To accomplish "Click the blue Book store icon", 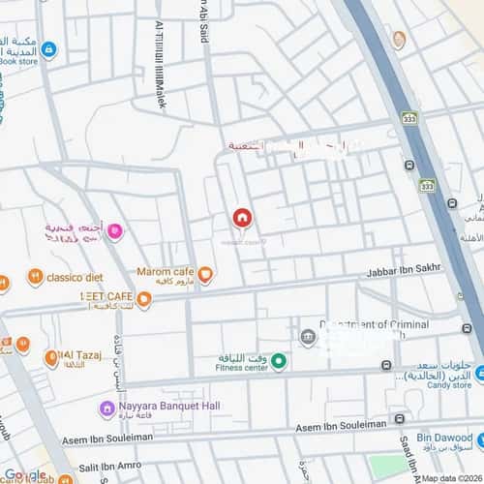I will click(x=48, y=49).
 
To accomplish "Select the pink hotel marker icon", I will click(x=114, y=230).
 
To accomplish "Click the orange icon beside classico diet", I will click(x=35, y=277).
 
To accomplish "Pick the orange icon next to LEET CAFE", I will click(x=144, y=300).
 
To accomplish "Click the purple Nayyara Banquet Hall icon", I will click(x=107, y=408).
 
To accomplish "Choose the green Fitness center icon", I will click(x=278, y=362).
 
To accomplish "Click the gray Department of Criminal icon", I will click(x=308, y=335).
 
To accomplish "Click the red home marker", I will click(x=241, y=219).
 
